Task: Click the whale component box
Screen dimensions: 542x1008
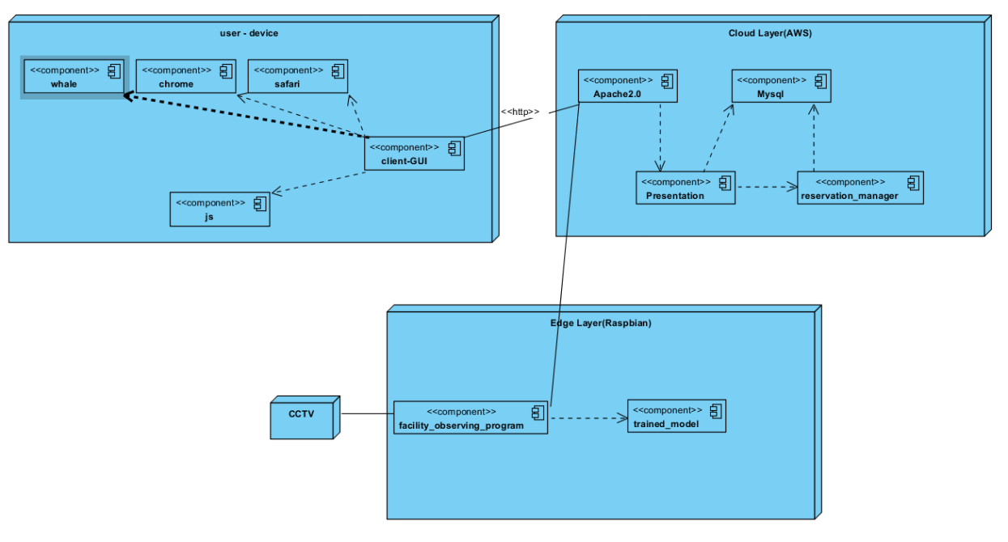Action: (x=74, y=77)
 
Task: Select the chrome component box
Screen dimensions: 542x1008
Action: (x=185, y=77)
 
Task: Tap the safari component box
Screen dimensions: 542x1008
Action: (x=297, y=77)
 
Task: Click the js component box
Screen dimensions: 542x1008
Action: (x=219, y=210)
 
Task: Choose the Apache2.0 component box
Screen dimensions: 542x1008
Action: (x=627, y=87)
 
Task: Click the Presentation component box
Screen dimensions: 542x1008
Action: (x=685, y=188)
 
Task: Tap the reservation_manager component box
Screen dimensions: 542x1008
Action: (x=860, y=188)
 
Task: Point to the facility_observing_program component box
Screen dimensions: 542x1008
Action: (x=470, y=417)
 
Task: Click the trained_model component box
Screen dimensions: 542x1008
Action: (x=676, y=417)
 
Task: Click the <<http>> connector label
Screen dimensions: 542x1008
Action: (x=520, y=111)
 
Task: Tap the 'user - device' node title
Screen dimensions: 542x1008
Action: (x=249, y=33)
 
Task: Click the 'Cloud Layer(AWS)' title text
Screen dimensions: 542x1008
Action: (x=770, y=33)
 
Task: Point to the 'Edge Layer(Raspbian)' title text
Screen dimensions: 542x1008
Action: (x=601, y=323)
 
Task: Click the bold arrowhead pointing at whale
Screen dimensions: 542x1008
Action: (x=129, y=96)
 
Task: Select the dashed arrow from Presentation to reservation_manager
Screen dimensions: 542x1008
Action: (x=766, y=188)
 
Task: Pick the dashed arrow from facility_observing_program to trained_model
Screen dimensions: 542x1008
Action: (x=588, y=418)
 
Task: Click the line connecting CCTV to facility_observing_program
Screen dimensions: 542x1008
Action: (x=367, y=414)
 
